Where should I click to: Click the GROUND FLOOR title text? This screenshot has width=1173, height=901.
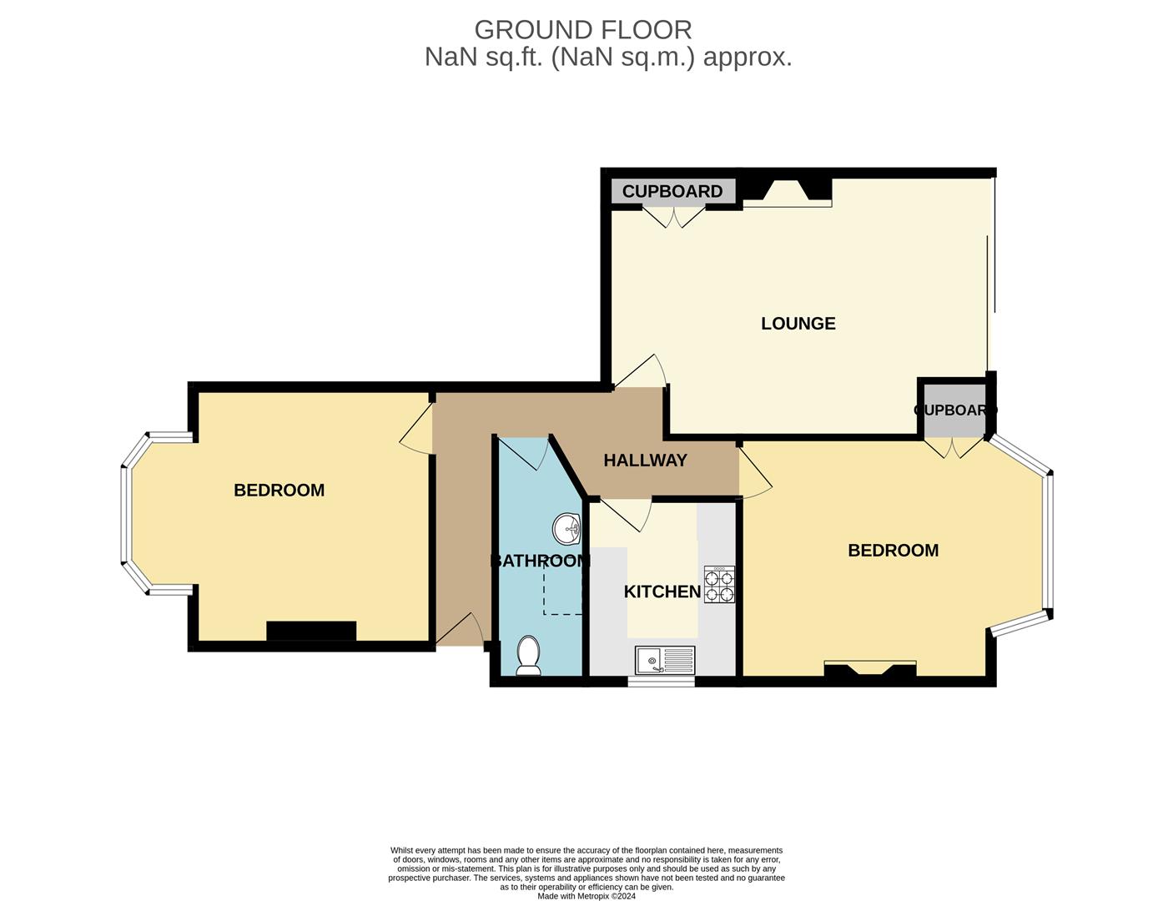point(582,30)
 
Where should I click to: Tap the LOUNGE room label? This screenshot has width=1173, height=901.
point(798,324)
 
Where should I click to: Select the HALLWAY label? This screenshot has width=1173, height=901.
point(645,461)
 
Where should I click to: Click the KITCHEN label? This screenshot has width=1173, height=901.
point(662,591)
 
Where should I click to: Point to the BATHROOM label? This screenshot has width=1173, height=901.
point(540,561)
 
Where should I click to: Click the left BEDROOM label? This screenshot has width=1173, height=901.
point(279,491)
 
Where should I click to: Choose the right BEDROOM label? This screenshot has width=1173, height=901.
point(893,551)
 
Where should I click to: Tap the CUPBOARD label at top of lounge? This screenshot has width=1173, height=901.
point(672,191)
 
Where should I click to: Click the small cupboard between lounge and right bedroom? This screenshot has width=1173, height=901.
point(954,410)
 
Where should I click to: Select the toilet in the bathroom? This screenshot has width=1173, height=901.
point(528,656)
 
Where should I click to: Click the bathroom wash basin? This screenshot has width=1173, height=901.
point(567,527)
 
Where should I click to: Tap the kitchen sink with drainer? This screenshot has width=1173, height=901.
point(664,660)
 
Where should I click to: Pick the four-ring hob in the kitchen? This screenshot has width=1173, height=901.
point(720,584)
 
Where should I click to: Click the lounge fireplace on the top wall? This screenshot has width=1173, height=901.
point(787,193)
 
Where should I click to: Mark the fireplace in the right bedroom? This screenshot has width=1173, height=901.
point(869,669)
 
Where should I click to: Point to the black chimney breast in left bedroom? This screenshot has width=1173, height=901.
point(311,632)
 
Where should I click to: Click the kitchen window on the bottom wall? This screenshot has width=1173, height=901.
point(661,682)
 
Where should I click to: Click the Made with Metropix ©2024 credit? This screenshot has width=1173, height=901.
point(586,897)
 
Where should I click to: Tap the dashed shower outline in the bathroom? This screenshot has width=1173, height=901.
point(562,592)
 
